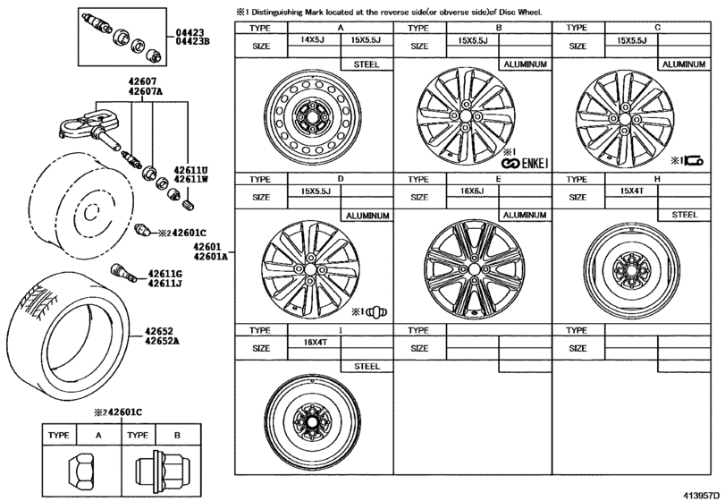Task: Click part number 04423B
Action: pyautogui.click(x=192, y=41)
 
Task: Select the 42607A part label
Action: pyautogui.click(x=146, y=90)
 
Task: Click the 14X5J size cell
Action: pyautogui.click(x=313, y=39)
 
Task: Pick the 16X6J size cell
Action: pyautogui.click(x=472, y=191)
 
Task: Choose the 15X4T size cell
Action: pyautogui.click(x=631, y=191)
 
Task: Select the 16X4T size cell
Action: pyautogui.click(x=315, y=343)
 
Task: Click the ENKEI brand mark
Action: pyautogui.click(x=525, y=164)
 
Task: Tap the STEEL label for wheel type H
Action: pyautogui.click(x=684, y=215)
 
